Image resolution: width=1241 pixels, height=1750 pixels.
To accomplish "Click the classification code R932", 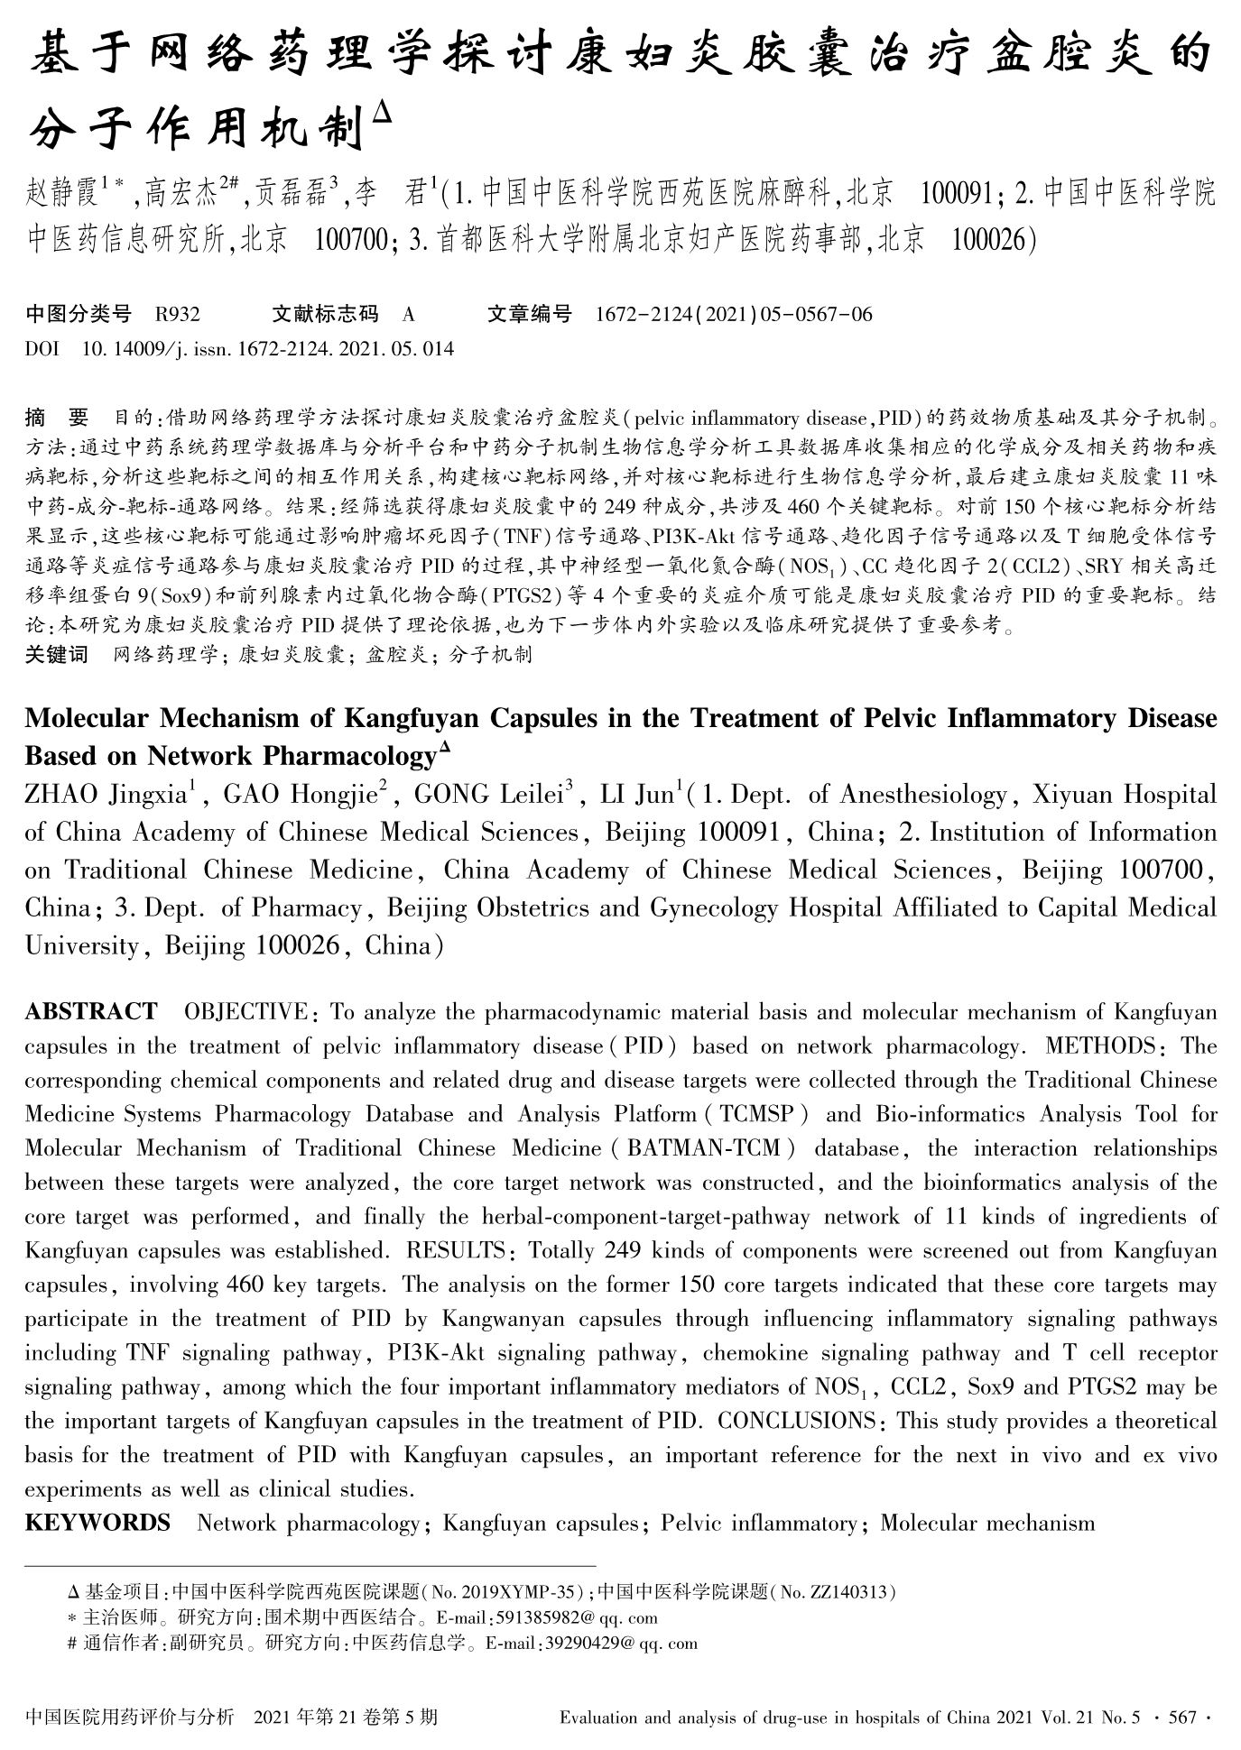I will pos(177,314).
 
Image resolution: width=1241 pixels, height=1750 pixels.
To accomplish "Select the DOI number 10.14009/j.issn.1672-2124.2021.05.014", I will pos(268,348).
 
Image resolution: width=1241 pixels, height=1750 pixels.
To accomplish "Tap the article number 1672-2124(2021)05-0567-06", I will pos(734,314).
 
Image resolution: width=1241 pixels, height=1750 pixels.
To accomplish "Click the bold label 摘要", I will pos(57,418).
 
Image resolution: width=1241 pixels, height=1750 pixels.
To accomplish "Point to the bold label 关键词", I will pos(57,654).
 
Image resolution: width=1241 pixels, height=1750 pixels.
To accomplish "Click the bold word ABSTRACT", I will pos(90,1012).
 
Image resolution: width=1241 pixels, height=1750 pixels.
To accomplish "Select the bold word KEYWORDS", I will pos(97,1524).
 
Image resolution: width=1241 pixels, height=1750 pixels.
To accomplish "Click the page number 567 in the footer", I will pos(1182,1716).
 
